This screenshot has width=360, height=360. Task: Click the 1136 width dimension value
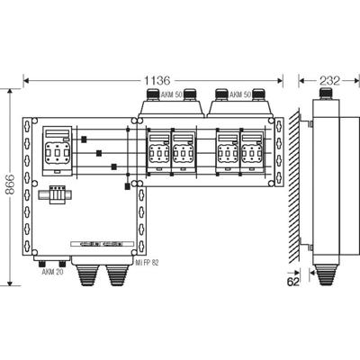coord(157,80)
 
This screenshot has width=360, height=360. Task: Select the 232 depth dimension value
coord(329,80)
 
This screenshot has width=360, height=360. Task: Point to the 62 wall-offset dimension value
coord(293,282)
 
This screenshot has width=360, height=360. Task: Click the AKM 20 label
coord(52,273)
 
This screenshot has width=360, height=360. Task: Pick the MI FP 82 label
coord(147,263)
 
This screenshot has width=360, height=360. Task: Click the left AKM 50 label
coord(172,95)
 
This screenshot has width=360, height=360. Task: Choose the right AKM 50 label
coord(240,95)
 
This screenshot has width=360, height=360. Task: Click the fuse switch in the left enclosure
coord(58,150)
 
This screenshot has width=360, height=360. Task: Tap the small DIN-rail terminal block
coord(56,195)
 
